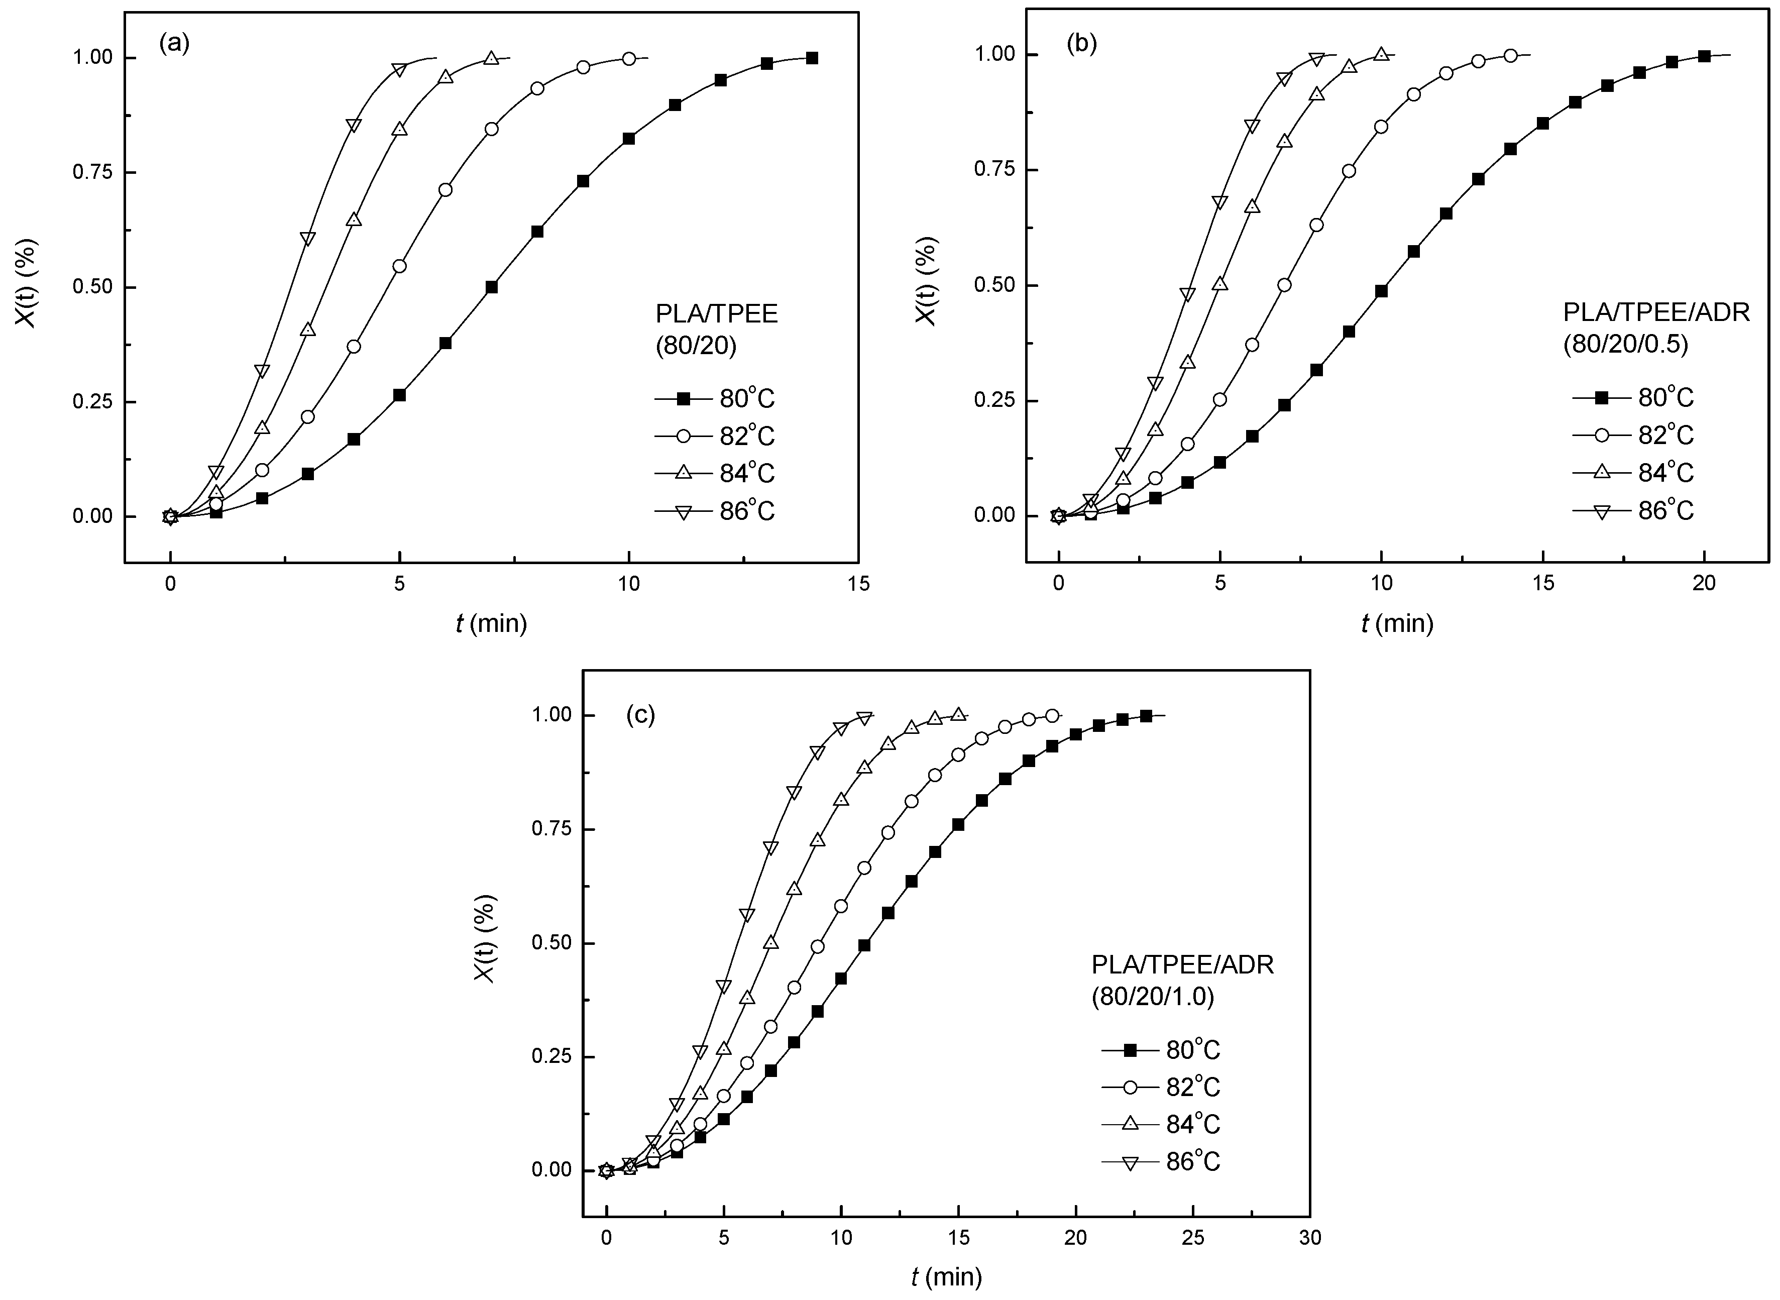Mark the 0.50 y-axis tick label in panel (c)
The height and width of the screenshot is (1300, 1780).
tap(551, 943)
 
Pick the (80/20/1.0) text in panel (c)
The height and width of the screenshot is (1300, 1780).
tap(1153, 997)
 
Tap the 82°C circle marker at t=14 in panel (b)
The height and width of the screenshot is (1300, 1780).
tap(1510, 56)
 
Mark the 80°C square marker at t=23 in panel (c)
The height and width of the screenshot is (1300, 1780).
tap(1146, 715)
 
